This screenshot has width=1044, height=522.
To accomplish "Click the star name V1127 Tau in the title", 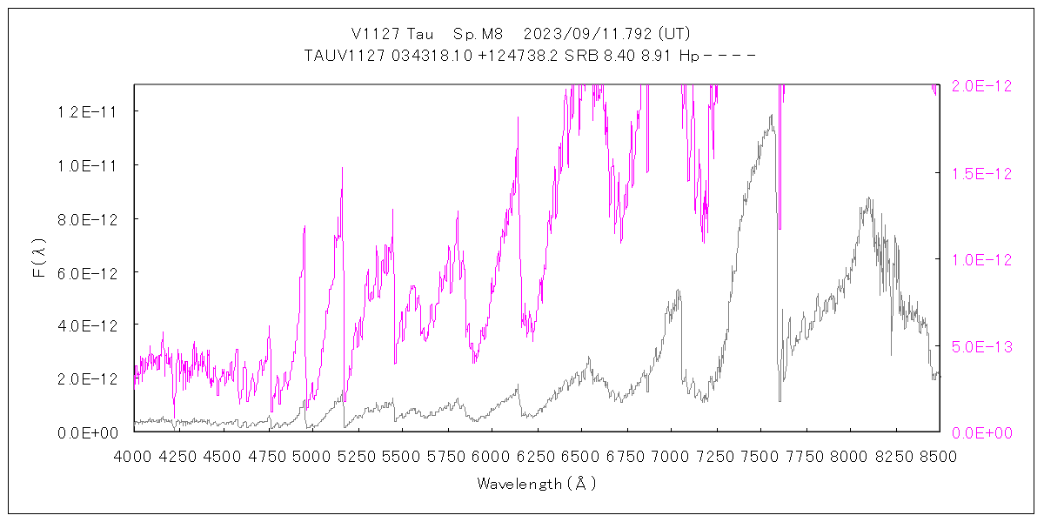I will [386, 34].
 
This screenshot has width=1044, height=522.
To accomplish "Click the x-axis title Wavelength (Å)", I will [537, 484].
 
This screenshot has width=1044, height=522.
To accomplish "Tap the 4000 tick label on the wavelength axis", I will [134, 456].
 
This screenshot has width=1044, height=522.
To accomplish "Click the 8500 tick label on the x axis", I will [939, 456].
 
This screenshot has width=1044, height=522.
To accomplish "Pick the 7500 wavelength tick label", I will [760, 456].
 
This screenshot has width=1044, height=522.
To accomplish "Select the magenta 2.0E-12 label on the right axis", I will [982, 86].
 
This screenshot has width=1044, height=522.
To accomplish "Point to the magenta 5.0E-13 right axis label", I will [982, 346].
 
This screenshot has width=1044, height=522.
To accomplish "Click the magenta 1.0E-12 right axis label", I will [982, 259].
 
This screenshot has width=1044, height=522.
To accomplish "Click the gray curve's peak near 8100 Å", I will [867, 198].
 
